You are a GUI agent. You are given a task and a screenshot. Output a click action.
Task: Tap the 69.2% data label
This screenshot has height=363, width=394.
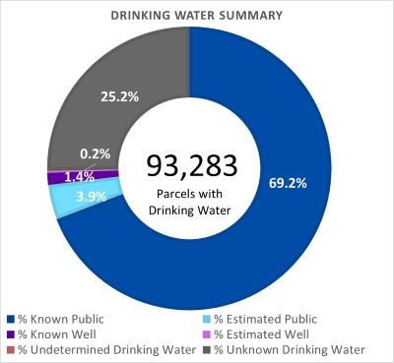pyautogui.click(x=284, y=182)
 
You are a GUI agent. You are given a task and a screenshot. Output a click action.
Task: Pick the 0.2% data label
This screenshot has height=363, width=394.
pyautogui.click(x=96, y=153)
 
